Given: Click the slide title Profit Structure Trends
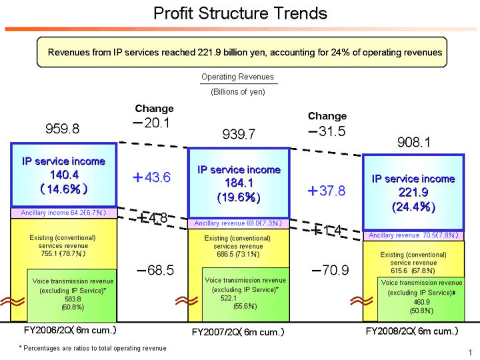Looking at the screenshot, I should pos(240,13).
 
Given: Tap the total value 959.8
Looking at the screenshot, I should pos(62,129).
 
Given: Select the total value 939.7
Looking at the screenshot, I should pos(239,135).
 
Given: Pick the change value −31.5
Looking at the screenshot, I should pos(327,131).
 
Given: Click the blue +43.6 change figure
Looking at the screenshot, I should pos(152,177).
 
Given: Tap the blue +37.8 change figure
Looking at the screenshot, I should pos(326,191).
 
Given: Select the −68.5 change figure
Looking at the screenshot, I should pos(155,270).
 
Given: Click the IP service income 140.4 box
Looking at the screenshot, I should pos(63,175).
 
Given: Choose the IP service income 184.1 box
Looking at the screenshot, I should pos(239,183).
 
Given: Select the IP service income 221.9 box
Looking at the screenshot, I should pos(413,192).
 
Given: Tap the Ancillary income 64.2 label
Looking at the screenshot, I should pos(64,213).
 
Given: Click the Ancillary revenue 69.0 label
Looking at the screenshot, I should pos(238,223).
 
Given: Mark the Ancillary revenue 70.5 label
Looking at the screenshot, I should pos(413,235).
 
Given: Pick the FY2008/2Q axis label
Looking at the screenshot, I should pos(412,331).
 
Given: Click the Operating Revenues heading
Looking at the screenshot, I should pos(237,77).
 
